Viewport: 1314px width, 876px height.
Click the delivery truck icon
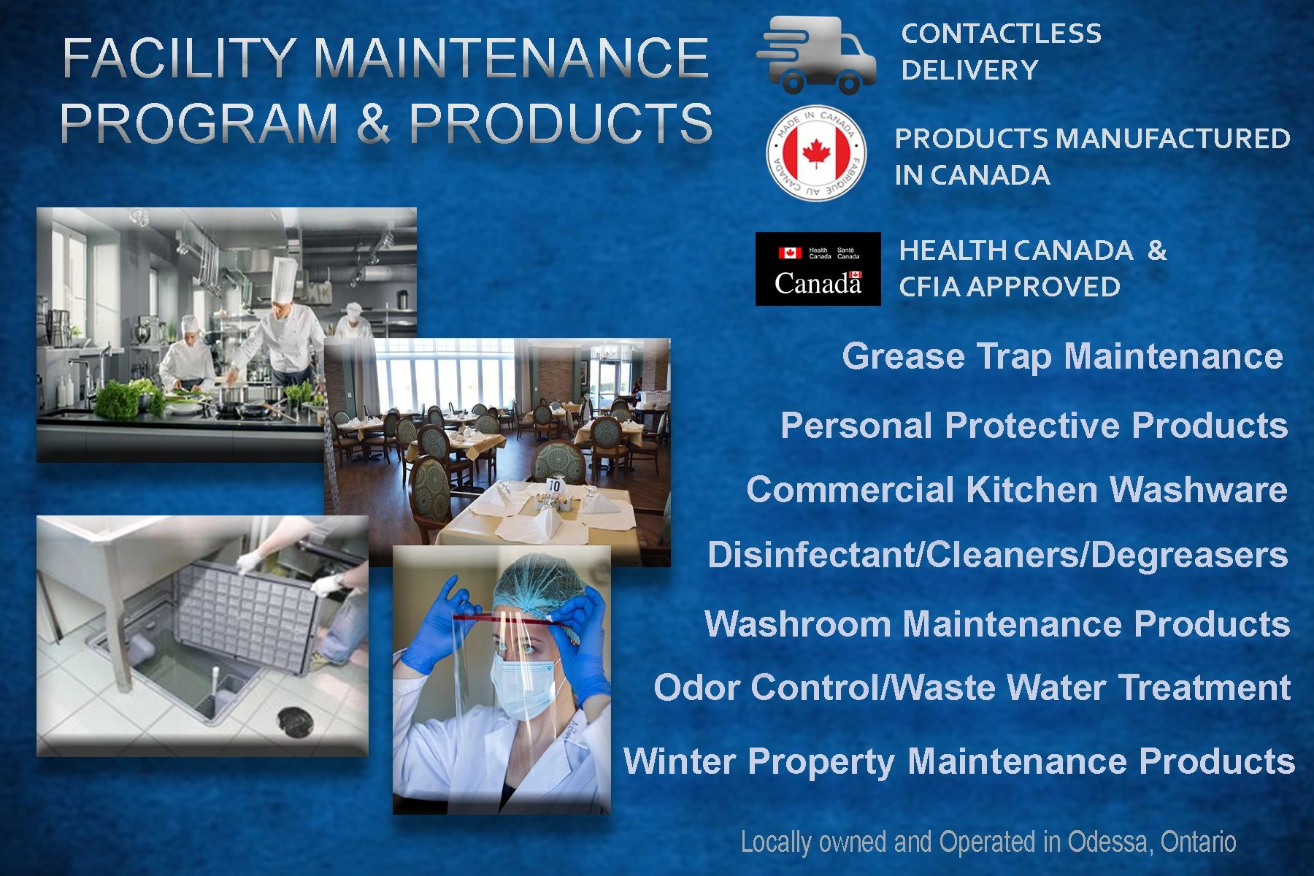[x=816, y=55]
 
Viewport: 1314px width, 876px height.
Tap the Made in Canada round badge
[x=815, y=153]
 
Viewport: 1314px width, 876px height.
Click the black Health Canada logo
[x=818, y=269]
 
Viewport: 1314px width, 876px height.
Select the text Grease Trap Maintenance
[x=1062, y=357]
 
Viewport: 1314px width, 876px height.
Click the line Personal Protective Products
[x=1034, y=425]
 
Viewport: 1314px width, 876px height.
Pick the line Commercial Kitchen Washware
[x=1017, y=489]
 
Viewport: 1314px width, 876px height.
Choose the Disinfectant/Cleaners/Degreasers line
[x=997, y=555]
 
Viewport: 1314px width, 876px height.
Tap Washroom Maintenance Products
[x=997, y=623]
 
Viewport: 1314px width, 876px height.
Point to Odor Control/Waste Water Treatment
[x=972, y=688]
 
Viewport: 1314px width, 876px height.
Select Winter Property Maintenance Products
[x=959, y=761]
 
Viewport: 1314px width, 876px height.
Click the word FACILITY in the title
[x=180, y=58]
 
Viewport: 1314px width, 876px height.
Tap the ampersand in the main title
[x=373, y=122]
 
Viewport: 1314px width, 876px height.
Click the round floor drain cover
[x=296, y=721]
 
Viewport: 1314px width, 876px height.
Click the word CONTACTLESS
[x=1001, y=34]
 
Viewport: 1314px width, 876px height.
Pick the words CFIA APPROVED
[x=1010, y=287]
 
